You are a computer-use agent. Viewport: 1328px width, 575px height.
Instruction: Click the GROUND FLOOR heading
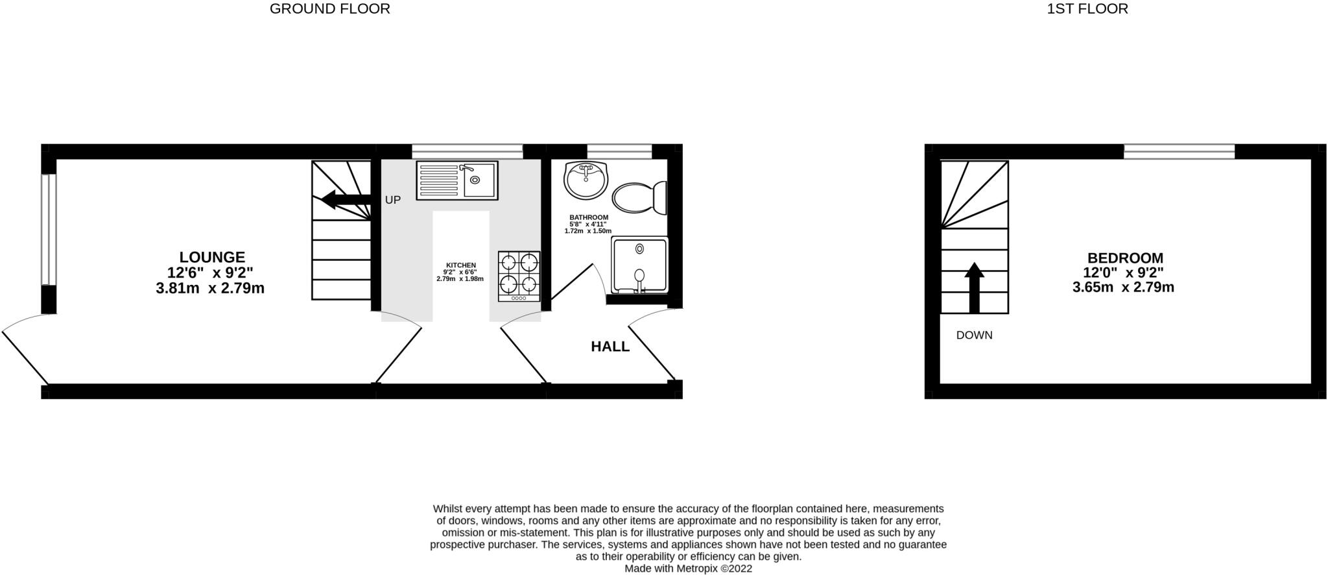(x=329, y=9)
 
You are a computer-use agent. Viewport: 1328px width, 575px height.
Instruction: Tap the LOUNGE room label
(x=212, y=258)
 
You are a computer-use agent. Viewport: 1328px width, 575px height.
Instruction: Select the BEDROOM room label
(x=1125, y=258)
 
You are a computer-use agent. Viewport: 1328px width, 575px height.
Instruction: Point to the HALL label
(x=610, y=347)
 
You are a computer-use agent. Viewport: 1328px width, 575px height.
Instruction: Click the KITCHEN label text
(x=460, y=265)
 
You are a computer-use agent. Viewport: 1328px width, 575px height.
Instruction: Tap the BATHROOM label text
(x=589, y=217)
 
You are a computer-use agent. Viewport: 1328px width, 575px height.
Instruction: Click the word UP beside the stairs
(x=393, y=200)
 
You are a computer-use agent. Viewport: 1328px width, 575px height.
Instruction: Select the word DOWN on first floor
(x=974, y=336)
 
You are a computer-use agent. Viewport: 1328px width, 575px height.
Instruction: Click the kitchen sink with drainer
(x=456, y=180)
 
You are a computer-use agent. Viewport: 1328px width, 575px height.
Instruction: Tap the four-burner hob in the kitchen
(x=519, y=276)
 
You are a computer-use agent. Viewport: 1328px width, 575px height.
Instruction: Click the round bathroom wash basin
(x=586, y=180)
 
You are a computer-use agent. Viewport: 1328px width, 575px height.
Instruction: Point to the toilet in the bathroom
(x=639, y=197)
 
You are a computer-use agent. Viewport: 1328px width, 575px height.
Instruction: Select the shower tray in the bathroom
(x=639, y=265)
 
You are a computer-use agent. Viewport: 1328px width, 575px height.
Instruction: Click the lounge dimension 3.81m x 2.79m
(x=210, y=289)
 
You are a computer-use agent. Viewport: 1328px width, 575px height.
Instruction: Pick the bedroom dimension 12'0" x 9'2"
(x=1123, y=273)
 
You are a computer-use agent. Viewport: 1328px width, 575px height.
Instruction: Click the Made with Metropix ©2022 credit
(x=688, y=569)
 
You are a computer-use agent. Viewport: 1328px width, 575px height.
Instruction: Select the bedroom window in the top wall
(x=1179, y=152)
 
